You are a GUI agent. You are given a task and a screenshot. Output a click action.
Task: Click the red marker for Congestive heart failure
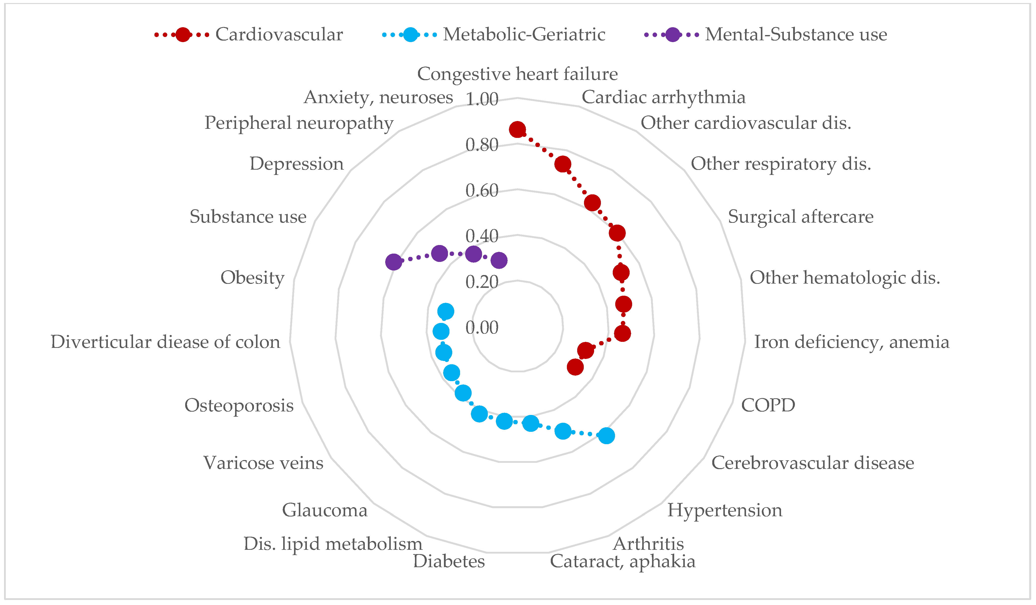click(517, 130)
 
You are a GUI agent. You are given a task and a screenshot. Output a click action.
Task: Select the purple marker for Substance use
click(394, 262)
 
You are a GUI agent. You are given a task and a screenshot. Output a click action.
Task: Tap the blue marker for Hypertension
click(606, 436)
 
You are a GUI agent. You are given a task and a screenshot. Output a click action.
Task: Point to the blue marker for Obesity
click(446, 311)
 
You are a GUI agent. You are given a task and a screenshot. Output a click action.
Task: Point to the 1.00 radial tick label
click(482, 99)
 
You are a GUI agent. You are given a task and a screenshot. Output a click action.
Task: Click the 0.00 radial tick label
click(482, 328)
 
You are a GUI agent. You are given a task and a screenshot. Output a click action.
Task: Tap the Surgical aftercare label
click(800, 217)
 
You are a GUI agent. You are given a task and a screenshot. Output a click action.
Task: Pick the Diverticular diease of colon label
click(165, 342)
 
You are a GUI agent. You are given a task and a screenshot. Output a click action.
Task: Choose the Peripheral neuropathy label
click(299, 123)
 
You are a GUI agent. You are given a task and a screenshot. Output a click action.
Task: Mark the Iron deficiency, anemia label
click(851, 342)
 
